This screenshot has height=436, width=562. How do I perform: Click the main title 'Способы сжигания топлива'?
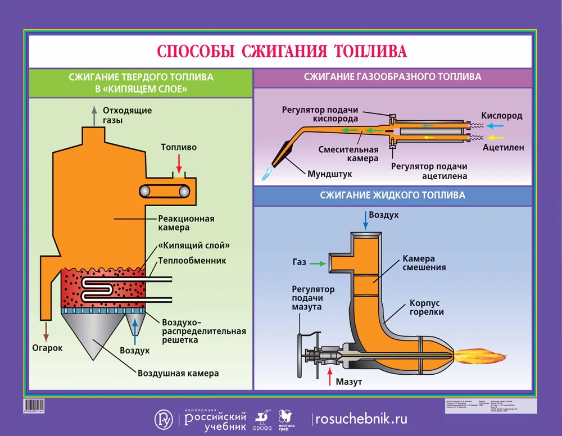281,51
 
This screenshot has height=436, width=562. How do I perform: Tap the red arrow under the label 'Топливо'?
179,163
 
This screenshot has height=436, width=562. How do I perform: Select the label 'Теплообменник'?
191,261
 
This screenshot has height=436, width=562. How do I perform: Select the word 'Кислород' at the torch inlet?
502,116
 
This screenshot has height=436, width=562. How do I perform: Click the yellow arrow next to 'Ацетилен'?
496,137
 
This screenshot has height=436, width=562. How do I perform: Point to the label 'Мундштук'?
329,174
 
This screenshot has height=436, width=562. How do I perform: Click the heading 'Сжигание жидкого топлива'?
392,196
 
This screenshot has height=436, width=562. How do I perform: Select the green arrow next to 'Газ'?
317,262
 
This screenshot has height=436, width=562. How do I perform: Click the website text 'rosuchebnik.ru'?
361,419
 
